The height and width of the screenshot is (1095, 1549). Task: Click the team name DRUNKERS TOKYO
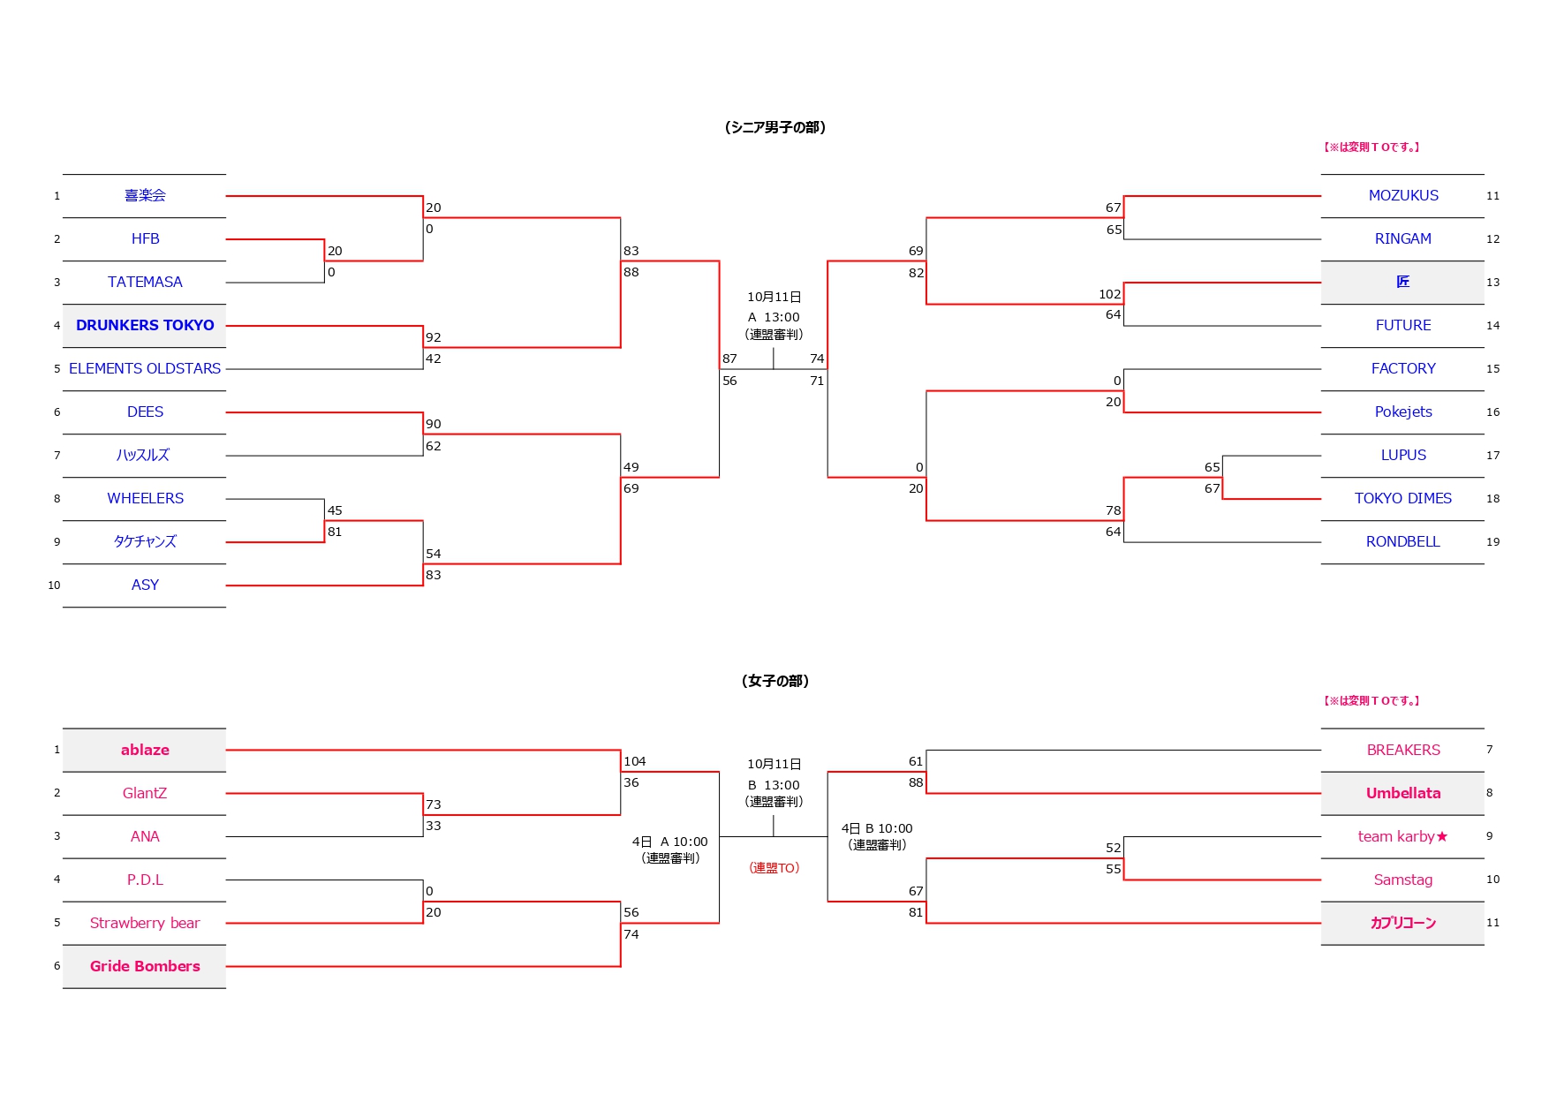coord(145,325)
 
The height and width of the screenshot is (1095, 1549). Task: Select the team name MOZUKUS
coord(1402,195)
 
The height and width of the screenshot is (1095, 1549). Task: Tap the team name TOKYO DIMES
coord(1402,498)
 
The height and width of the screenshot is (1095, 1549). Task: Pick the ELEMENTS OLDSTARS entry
coord(145,368)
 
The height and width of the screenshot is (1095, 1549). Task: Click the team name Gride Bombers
coord(145,966)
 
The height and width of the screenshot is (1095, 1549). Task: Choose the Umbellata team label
coord(1402,793)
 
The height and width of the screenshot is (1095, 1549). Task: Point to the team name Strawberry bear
coord(145,923)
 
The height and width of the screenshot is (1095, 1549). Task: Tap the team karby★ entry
coord(1402,836)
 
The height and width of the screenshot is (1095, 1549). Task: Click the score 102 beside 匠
coord(1109,294)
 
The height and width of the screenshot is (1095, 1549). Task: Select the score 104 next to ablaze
coord(634,761)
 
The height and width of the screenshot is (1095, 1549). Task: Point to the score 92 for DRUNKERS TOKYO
coord(433,337)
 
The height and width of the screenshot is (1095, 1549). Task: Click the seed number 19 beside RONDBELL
coord(1492,542)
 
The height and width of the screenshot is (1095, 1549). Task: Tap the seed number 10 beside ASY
coord(54,585)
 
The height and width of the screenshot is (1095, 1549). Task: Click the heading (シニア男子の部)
coord(774,127)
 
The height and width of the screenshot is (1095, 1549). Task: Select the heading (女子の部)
coord(774,681)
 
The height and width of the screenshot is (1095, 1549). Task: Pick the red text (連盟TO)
coord(774,868)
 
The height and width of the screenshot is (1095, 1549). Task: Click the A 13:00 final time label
coord(774,317)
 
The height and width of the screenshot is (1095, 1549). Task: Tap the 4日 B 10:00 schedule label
coord(876,828)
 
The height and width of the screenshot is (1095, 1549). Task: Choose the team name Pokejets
coord(1402,412)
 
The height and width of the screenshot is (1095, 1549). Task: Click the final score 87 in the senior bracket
coord(729,359)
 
